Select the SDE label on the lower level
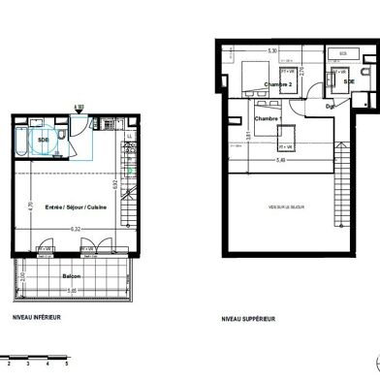[43, 139]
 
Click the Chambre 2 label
[280, 84]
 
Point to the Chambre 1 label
[267, 119]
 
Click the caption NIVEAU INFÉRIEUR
[37, 318]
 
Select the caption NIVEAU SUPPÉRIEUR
[249, 318]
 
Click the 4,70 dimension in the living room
[31, 206]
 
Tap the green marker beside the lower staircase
[128, 170]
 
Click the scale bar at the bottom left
[34, 359]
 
